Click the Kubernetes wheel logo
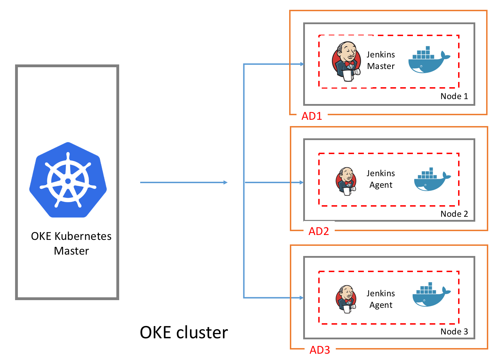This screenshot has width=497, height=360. [x=68, y=180]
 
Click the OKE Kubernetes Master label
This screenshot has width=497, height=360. [x=72, y=243]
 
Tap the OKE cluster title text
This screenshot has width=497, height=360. [x=184, y=332]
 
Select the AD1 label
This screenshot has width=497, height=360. [x=312, y=116]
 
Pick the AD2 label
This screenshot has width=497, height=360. [x=319, y=231]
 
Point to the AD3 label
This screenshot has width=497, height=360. [x=320, y=350]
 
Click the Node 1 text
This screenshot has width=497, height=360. [x=454, y=96]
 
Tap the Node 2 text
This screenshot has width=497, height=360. [x=454, y=214]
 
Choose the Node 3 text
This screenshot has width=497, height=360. [x=454, y=332]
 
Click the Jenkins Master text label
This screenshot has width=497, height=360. [x=381, y=60]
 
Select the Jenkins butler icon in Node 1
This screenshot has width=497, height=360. [x=346, y=61]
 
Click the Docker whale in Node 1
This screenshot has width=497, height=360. [x=429, y=60]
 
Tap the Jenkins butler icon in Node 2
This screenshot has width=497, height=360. [x=346, y=181]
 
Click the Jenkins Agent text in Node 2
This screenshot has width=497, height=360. [x=381, y=179]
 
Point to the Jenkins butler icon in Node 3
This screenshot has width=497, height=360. [x=346, y=299]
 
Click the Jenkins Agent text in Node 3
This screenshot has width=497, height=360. [x=381, y=299]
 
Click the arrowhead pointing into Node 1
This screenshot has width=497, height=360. [x=302, y=64]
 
